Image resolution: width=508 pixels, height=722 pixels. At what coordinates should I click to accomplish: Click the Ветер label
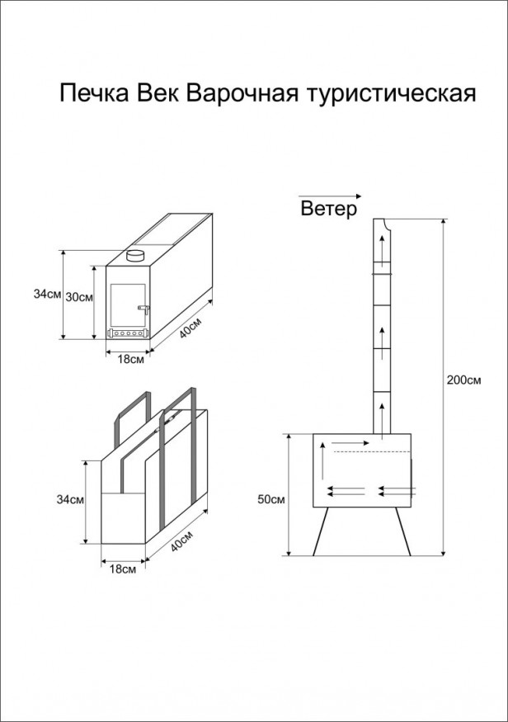coord(329,210)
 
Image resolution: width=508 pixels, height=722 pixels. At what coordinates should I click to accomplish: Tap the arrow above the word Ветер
coord(329,196)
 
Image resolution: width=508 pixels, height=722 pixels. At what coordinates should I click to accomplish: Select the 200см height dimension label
coord(463,380)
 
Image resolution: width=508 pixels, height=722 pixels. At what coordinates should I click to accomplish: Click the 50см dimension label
coord(270,499)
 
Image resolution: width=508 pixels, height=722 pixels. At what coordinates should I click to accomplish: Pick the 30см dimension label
coord(80,297)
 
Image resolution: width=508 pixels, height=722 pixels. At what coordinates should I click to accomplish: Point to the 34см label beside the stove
coord(45,294)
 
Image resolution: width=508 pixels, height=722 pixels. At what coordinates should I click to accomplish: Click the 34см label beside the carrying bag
coord(70,499)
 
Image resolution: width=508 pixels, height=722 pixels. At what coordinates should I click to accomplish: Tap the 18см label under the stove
coord(133,359)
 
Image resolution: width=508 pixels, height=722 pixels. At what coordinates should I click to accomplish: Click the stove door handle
coord(144,309)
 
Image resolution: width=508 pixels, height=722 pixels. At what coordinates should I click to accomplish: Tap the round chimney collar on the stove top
coord(135,256)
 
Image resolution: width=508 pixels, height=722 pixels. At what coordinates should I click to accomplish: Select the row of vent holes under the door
coord(128,334)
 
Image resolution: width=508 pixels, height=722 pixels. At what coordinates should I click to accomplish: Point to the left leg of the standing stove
coord(319,532)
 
